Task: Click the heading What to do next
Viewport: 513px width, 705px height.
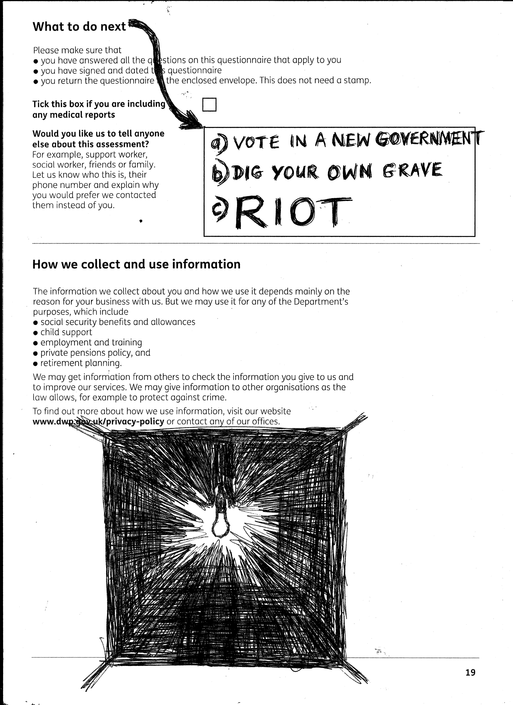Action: tap(79, 27)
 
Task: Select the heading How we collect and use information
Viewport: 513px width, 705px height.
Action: tap(136, 264)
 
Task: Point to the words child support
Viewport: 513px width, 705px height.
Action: tap(66, 332)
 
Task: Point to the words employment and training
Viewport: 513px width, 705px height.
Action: tap(91, 343)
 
